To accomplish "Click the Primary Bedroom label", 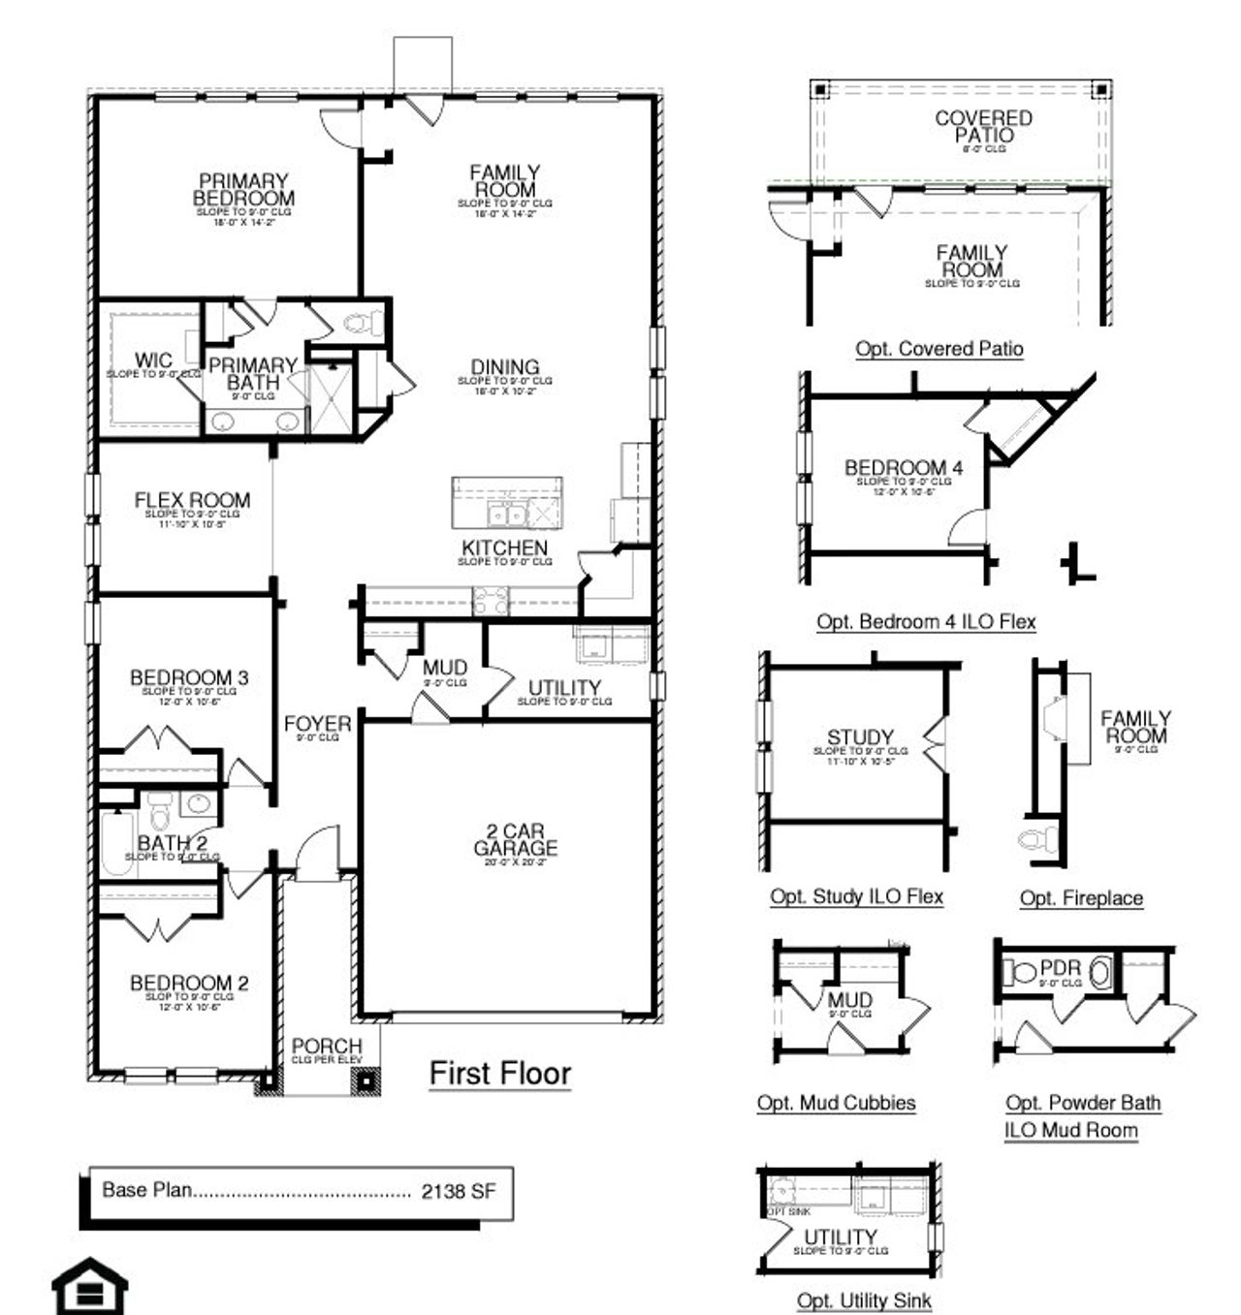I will pyautogui.click(x=242, y=190).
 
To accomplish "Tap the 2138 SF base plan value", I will pyautogui.click(x=458, y=1191).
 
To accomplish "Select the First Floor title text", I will pyautogui.click(x=500, y=1074).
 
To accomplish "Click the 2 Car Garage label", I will pyautogui.click(x=515, y=839).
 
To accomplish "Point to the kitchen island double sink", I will pyautogui.click(x=507, y=514).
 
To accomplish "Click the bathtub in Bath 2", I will pyautogui.click(x=115, y=843).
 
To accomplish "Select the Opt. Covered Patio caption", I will pyautogui.click(x=939, y=349).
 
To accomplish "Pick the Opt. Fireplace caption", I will pyautogui.click(x=1081, y=898).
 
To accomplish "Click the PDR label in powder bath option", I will pyautogui.click(x=1060, y=968).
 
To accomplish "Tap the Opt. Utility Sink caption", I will pyautogui.click(x=864, y=1300).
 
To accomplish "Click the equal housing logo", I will pyautogui.click(x=89, y=1286).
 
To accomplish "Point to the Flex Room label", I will pyautogui.click(x=192, y=501).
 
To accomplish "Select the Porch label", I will pyautogui.click(x=327, y=1047).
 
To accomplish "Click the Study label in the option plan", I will pyautogui.click(x=860, y=737).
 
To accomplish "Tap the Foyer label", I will pyautogui.click(x=317, y=724).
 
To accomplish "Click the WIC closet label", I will pyautogui.click(x=153, y=361).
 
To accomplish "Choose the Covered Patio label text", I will pyautogui.click(x=983, y=127).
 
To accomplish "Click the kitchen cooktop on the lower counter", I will pyautogui.click(x=490, y=602).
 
